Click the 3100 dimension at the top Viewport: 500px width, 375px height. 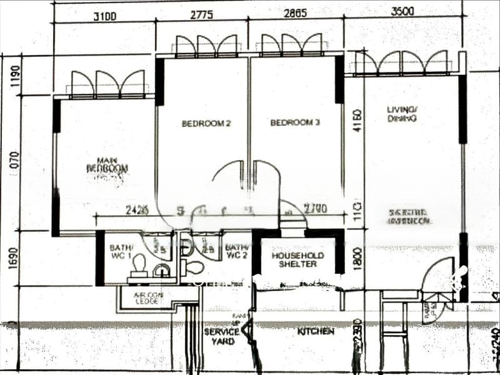[x=104, y=17]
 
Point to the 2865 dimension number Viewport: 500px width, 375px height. [x=295, y=14]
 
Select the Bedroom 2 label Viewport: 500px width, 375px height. [x=206, y=123]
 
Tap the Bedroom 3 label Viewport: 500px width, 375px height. [x=295, y=122]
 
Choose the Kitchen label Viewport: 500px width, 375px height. [x=316, y=331]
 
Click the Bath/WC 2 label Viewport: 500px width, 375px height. [x=237, y=251]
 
